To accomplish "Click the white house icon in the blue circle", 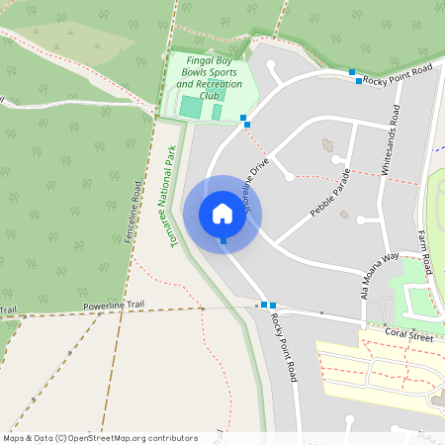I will (222, 213).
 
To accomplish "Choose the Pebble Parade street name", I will (331, 192).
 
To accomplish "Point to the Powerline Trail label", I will (114, 308).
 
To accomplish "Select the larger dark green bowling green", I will (190, 106).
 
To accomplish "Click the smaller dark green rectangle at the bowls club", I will (217, 113).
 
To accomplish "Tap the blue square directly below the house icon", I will (223, 241).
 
